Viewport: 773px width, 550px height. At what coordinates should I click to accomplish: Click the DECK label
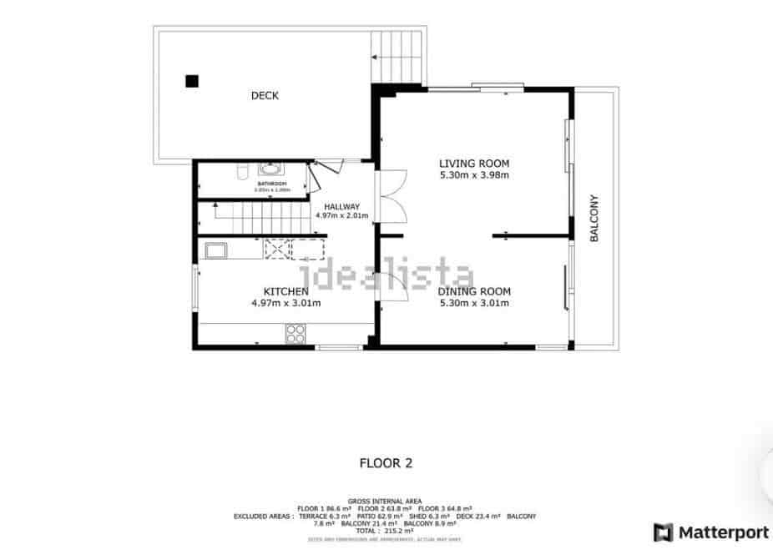pos(265,96)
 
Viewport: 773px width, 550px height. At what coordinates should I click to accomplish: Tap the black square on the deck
pos(192,81)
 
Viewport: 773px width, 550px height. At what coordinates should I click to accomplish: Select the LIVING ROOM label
pos(474,164)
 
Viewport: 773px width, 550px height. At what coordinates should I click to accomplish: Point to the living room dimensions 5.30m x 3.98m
pos(474,175)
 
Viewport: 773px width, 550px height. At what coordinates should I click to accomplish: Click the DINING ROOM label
pos(474,291)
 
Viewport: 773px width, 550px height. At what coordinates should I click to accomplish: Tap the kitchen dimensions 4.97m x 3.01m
pos(285,303)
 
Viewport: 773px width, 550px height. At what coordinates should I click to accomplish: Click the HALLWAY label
pos(342,206)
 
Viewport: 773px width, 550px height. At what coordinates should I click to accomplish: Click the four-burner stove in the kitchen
pos(296,334)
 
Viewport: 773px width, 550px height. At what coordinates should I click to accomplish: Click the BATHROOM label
pos(272,183)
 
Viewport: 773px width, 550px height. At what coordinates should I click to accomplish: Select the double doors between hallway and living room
pos(390,196)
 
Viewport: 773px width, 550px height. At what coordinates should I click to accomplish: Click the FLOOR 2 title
pos(386,462)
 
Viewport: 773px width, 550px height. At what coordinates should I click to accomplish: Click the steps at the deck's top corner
pos(397,57)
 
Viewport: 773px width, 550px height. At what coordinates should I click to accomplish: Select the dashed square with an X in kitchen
pos(275,250)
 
